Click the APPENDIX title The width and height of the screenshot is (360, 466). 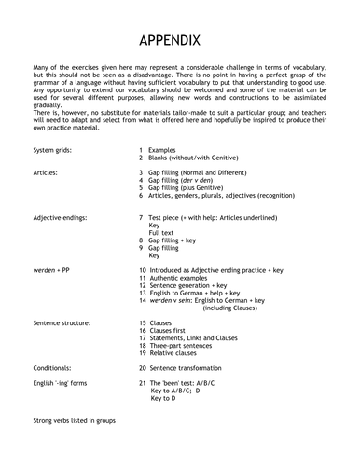(x=180, y=42)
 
